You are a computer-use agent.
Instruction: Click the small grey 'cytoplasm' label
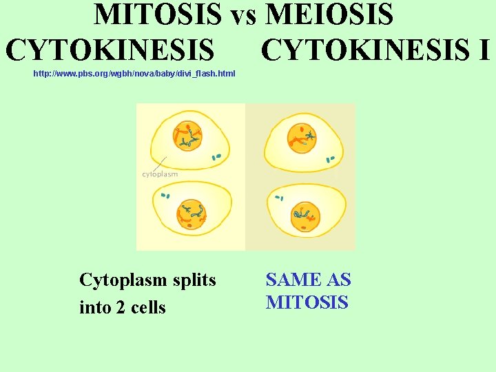(x=160, y=174)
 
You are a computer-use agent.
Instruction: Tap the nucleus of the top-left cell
(x=187, y=136)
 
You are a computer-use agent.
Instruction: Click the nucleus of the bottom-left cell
(x=191, y=215)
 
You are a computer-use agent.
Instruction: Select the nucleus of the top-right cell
(x=302, y=136)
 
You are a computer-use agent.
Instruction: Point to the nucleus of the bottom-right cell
(x=304, y=218)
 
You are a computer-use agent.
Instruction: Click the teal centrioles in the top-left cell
(x=218, y=158)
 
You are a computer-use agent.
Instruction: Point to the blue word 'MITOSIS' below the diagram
(x=307, y=302)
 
